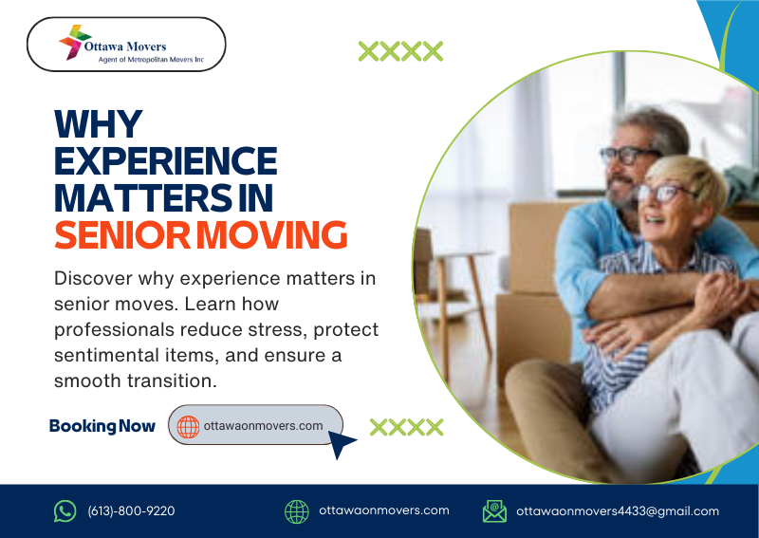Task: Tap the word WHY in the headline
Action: pos(98,124)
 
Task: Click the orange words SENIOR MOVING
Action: pos(199,233)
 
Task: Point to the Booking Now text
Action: pos(102,426)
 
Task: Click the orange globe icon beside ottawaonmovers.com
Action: pos(188,426)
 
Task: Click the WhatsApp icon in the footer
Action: pos(65,511)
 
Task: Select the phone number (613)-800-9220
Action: pos(131,511)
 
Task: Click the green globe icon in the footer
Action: pos(297,511)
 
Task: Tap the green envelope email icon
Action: pos(494,511)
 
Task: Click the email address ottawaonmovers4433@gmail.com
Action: pos(618,511)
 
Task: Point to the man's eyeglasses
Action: pos(627,155)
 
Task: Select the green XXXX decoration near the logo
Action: pos(400,51)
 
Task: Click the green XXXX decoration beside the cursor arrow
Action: pos(406,427)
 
